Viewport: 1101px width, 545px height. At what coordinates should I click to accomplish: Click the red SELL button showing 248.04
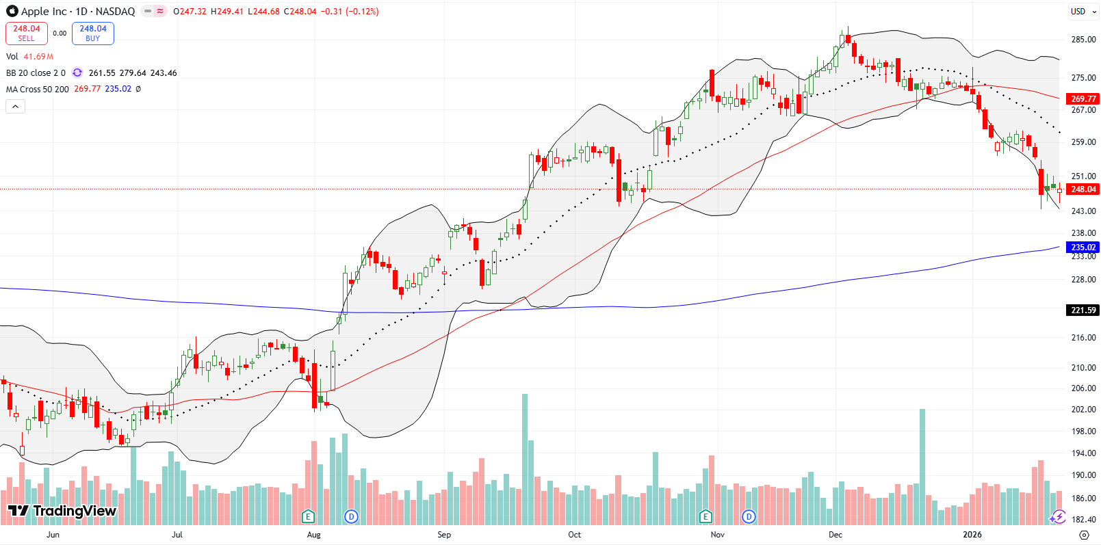point(27,33)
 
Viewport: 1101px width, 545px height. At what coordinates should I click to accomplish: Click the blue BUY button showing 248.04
point(93,33)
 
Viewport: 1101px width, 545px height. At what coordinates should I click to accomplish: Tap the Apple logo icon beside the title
point(12,11)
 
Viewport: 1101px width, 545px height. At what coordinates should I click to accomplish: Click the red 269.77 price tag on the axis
point(1083,99)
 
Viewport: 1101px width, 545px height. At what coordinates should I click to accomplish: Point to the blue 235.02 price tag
point(1083,248)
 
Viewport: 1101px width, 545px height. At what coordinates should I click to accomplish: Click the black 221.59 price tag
point(1083,310)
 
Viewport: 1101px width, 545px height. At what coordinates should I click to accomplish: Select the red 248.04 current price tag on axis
point(1083,189)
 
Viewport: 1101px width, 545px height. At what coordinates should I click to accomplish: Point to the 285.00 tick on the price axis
point(1083,40)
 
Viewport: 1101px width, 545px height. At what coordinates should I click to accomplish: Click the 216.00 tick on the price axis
point(1083,338)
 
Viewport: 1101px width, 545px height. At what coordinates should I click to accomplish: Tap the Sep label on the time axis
point(444,535)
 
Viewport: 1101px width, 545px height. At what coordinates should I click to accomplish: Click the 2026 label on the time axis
point(972,535)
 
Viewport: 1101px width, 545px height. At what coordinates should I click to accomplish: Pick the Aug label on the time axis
point(313,535)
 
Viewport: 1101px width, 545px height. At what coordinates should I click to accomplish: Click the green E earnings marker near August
point(308,516)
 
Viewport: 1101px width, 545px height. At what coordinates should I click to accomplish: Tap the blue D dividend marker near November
point(749,516)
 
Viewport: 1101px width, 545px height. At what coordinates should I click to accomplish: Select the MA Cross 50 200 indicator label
point(38,89)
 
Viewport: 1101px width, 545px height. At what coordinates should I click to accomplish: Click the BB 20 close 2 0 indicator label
point(36,73)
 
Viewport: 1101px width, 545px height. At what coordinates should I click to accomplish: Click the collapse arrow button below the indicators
point(15,106)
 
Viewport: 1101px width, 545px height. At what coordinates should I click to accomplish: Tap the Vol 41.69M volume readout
point(29,57)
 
